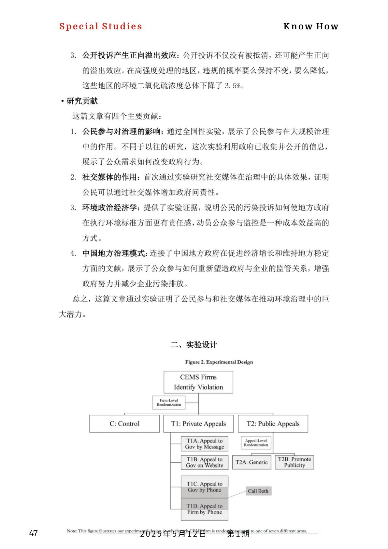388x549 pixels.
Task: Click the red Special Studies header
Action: tap(101, 26)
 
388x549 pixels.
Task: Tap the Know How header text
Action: tap(311, 26)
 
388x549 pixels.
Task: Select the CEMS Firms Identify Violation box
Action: tap(198, 382)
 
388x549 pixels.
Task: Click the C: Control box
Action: tap(124, 424)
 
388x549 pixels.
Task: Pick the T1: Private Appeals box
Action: tap(198, 424)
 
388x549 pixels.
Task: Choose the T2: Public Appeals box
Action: tap(273, 424)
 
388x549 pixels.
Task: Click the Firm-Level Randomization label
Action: tap(169, 402)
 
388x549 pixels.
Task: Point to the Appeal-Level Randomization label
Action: tap(256, 443)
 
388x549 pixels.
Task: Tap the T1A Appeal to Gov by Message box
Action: tap(205, 444)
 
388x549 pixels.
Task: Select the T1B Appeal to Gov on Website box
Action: tap(205, 462)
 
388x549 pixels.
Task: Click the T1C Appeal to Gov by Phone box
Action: tap(205, 486)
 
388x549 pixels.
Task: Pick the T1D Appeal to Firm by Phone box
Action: tap(205, 509)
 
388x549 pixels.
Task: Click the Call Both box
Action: tap(258, 491)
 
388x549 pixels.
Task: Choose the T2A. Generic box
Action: tap(251, 462)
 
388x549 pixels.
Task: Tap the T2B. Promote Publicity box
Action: tap(294, 462)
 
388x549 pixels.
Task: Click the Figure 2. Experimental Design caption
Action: tap(219, 362)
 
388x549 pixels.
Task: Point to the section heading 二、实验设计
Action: tap(194, 345)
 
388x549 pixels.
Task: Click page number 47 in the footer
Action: tap(34, 533)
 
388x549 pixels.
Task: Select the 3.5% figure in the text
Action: tap(233, 86)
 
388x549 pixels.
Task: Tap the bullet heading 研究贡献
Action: tap(82, 101)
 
